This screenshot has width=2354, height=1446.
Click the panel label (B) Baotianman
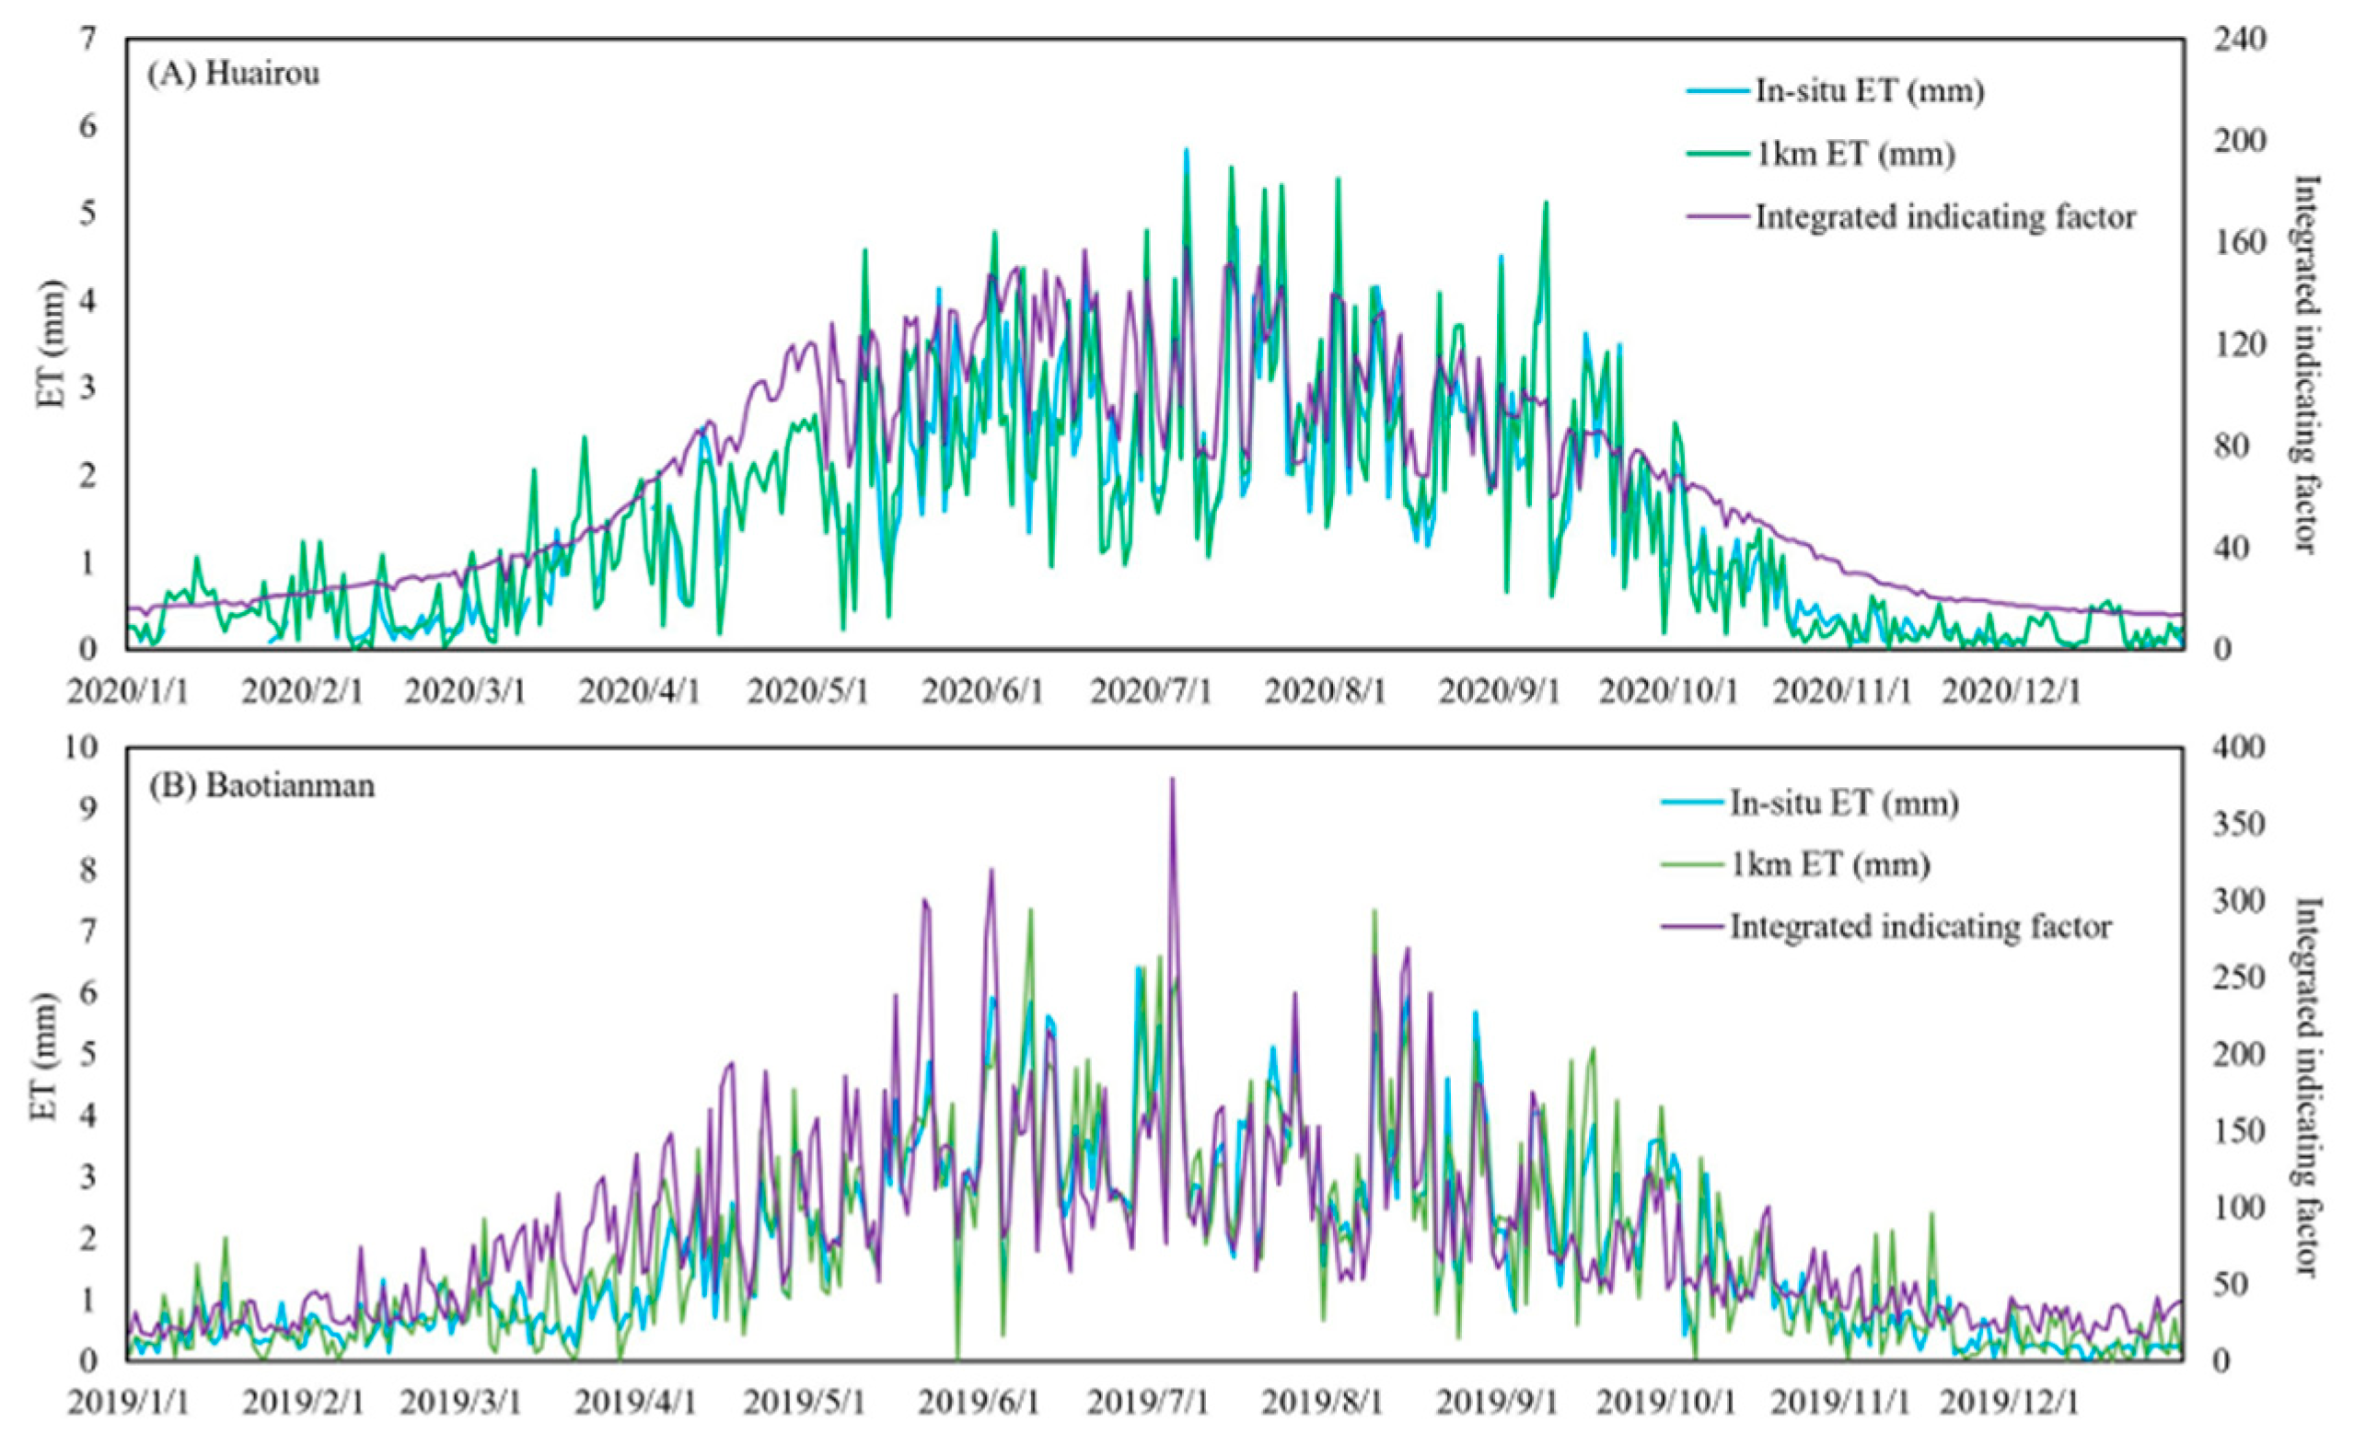pyautogui.click(x=261, y=785)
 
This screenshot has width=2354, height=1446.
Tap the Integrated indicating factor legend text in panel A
pyautogui.click(x=1944, y=217)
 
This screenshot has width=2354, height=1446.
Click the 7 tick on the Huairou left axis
pyautogui.click(x=88, y=40)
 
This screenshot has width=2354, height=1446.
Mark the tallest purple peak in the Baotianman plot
pyautogui.click(x=1172, y=780)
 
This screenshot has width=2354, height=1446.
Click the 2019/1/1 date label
pyautogui.click(x=127, y=1403)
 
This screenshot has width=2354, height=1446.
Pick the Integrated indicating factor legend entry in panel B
pyautogui.click(x=1919, y=926)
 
